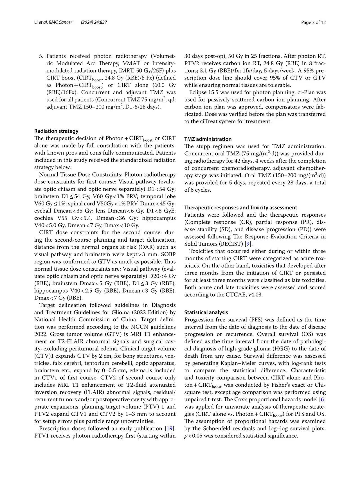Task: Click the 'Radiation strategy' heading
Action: pos(56,131)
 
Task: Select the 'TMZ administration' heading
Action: pos(208,139)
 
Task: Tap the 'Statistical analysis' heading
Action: pos(206,312)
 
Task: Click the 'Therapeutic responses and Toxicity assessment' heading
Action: pos(240,208)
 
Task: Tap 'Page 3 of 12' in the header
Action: pos(313,22)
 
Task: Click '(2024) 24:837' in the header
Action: pos(94,22)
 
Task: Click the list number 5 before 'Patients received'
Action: pos(41,56)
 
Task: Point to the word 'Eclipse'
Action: pos(198,92)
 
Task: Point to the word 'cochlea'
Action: pos(43,218)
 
